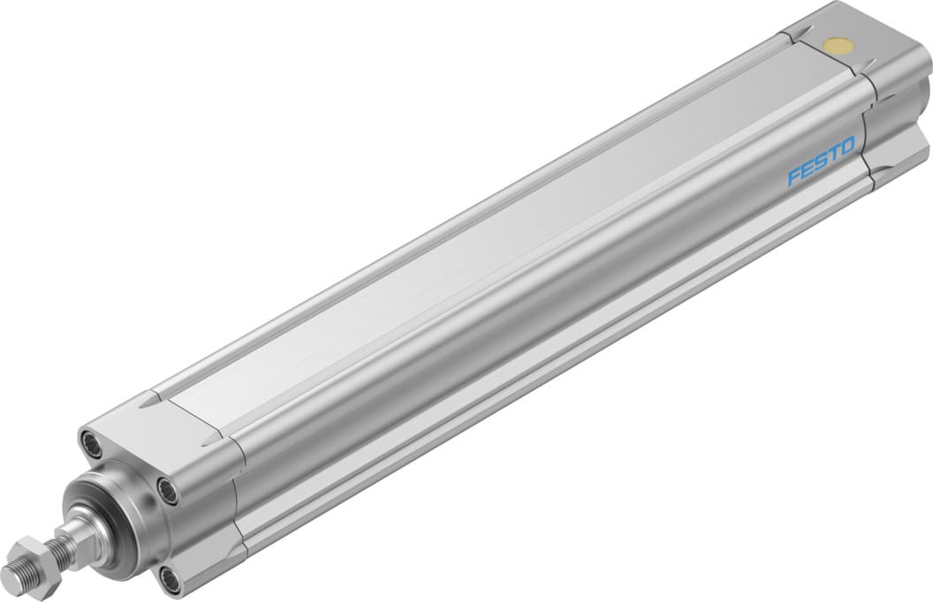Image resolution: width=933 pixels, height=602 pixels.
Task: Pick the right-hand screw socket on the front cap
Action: (x=167, y=488)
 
